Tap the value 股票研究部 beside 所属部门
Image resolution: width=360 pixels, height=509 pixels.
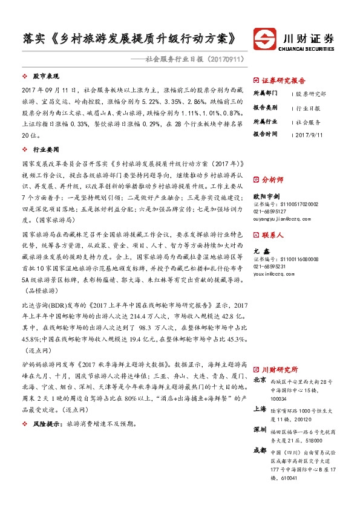coord(311,94)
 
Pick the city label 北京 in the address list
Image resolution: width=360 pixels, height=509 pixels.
coord(260,380)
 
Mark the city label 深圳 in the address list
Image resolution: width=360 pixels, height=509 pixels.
coord(260,429)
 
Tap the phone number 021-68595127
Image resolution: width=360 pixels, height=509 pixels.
coord(269,212)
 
